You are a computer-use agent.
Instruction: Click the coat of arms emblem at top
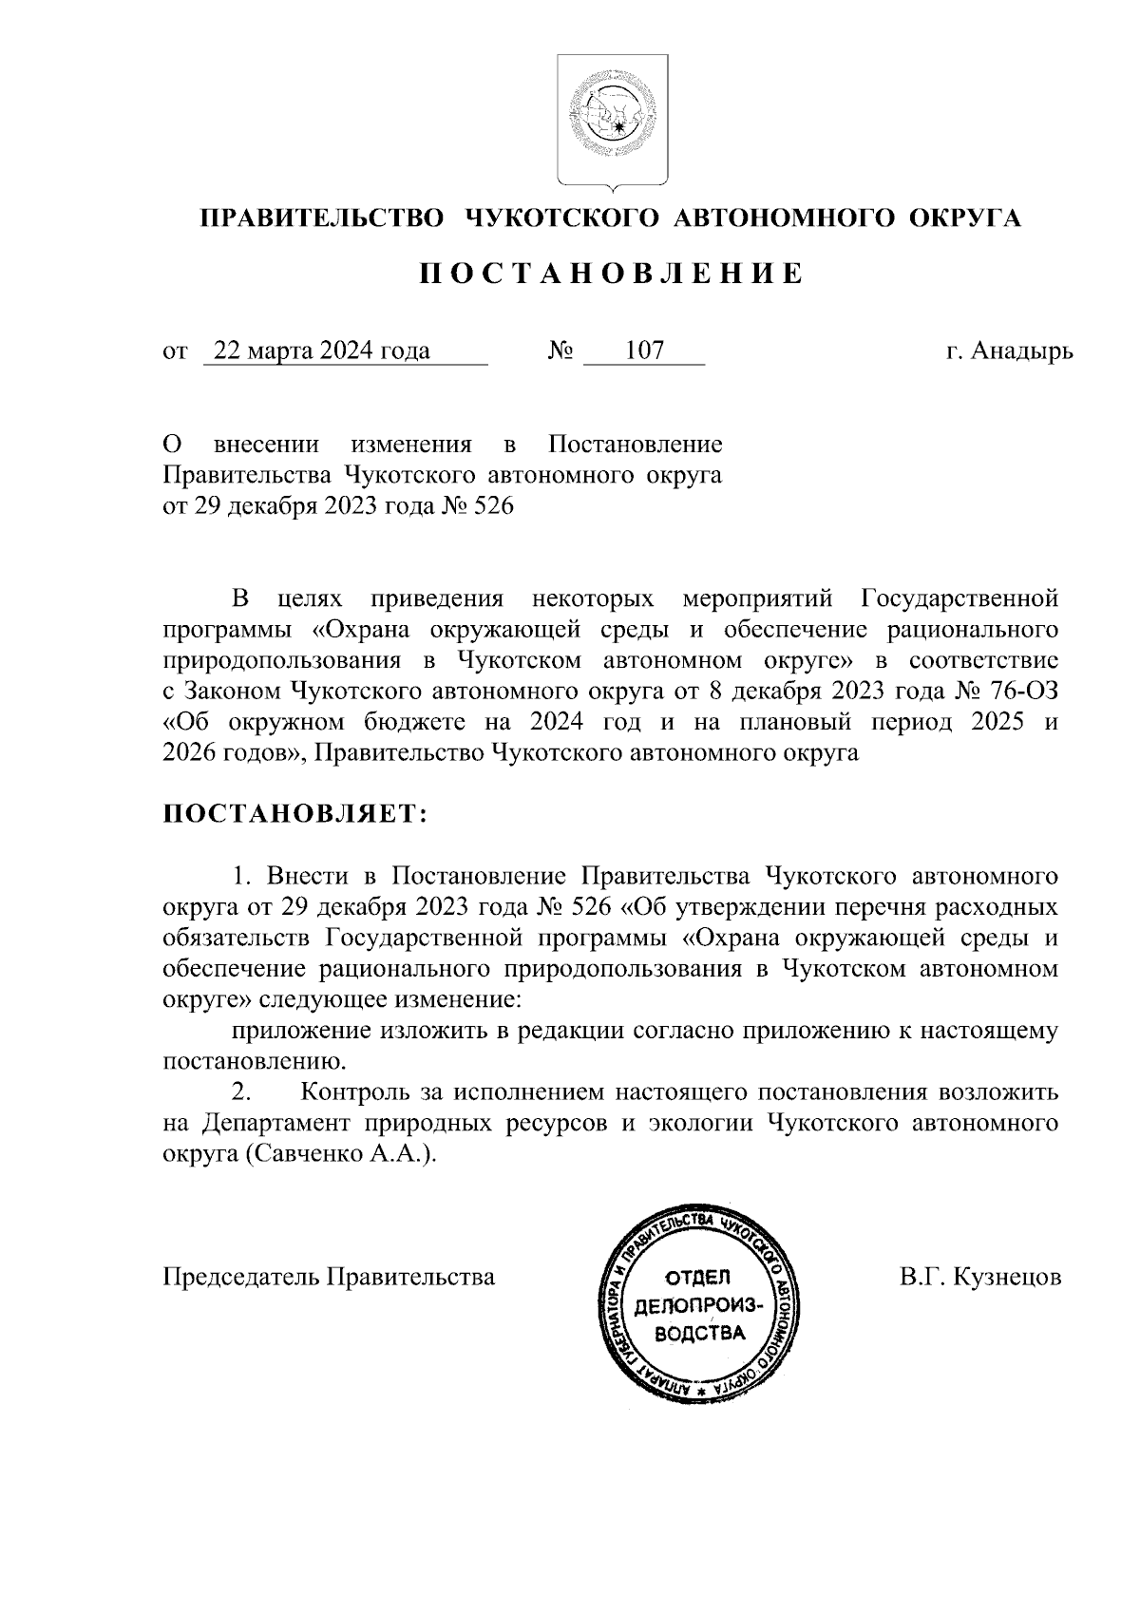point(612,121)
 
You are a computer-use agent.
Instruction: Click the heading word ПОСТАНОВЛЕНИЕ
point(612,275)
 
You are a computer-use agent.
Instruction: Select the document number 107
point(644,351)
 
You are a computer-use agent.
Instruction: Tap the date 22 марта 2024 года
point(322,351)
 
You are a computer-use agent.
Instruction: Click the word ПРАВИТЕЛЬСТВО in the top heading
point(321,218)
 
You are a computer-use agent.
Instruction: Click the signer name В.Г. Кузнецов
point(980,1277)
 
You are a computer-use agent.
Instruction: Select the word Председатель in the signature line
point(242,1277)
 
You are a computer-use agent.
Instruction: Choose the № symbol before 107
point(560,351)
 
